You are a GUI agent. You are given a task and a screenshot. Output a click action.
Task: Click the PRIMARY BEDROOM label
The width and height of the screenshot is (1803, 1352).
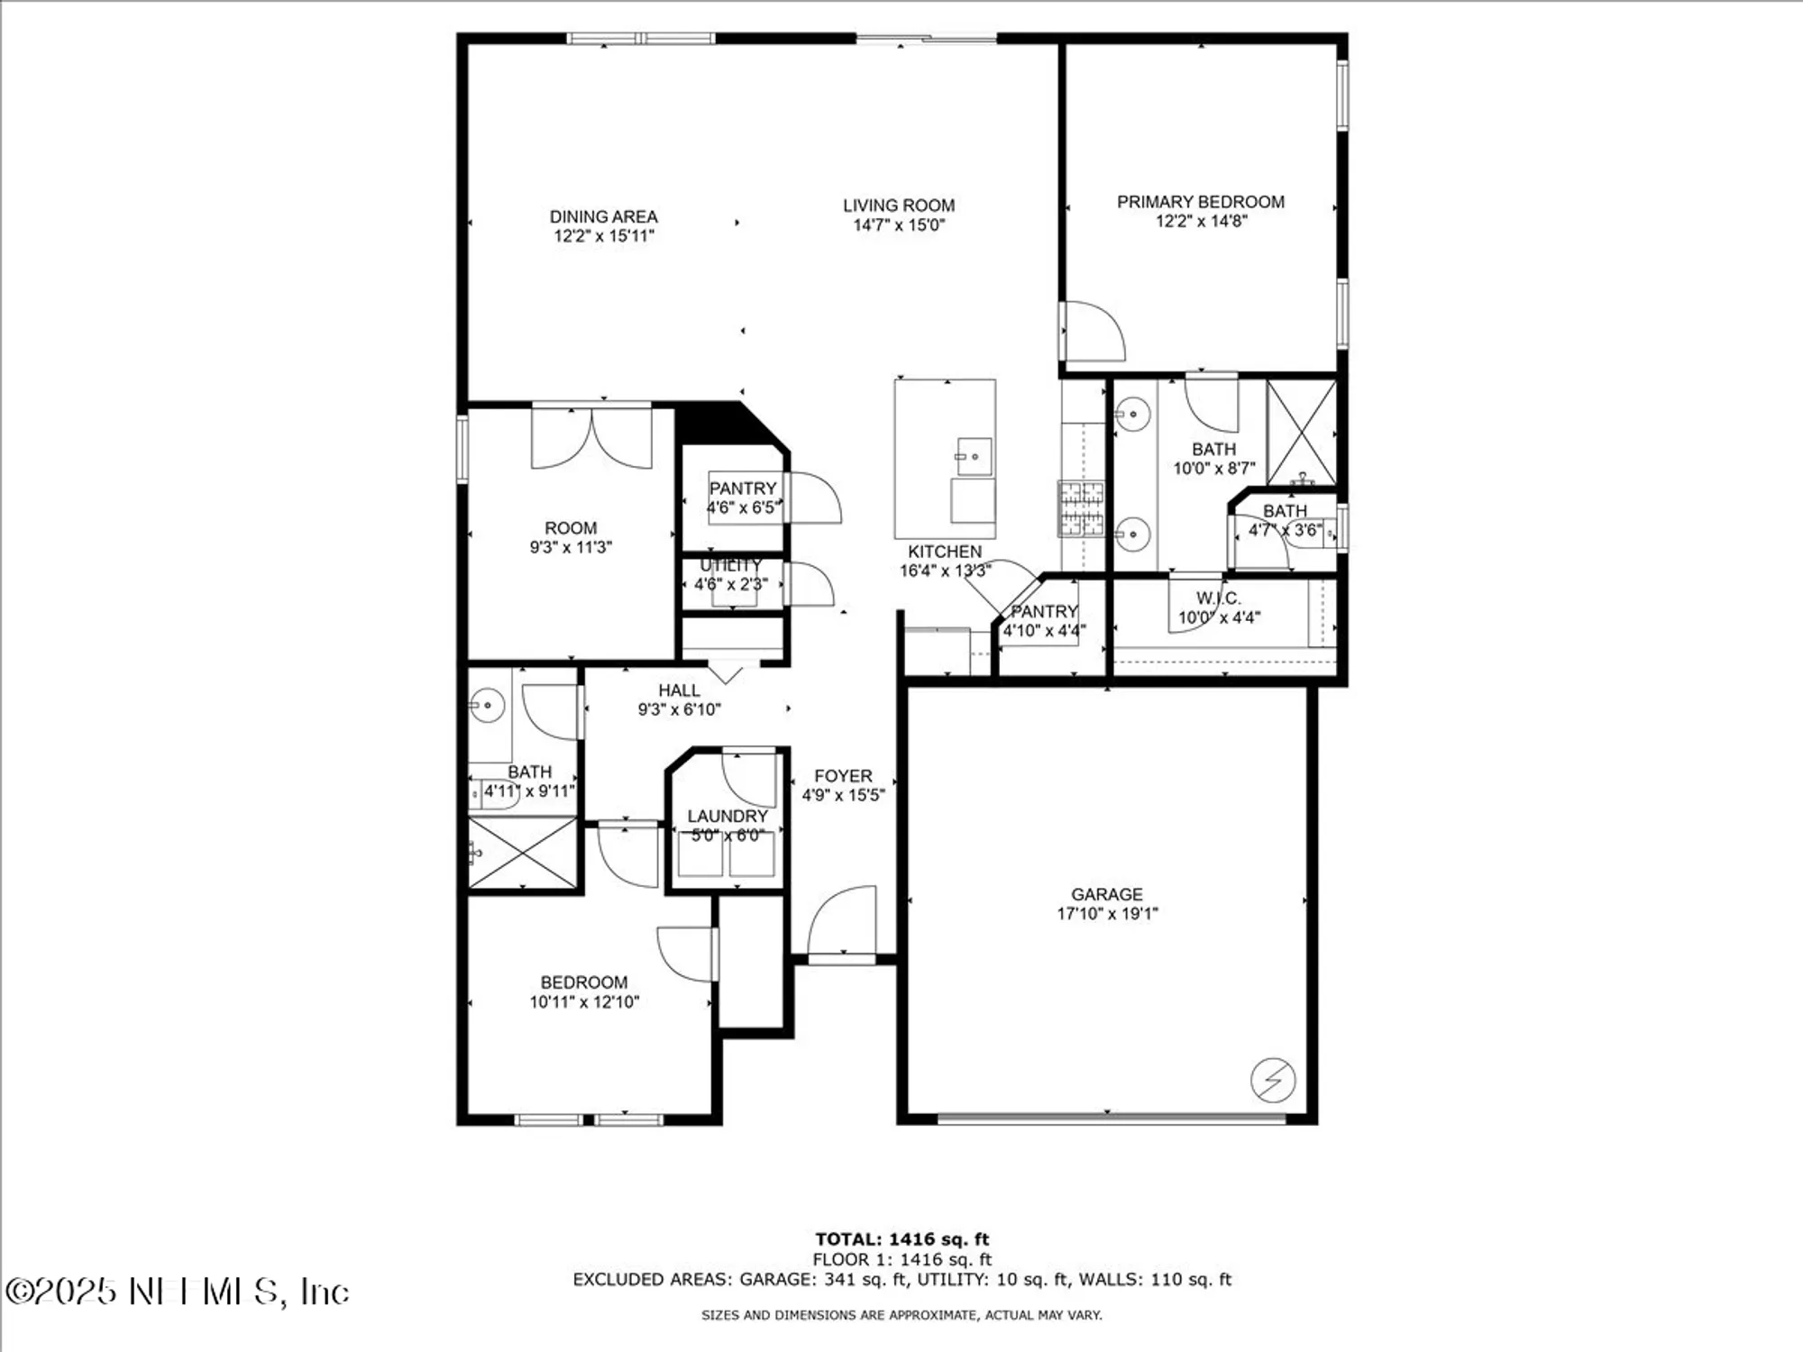pos(1200,202)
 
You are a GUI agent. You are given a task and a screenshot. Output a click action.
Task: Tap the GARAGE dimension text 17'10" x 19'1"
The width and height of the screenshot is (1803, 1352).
pos(1107,913)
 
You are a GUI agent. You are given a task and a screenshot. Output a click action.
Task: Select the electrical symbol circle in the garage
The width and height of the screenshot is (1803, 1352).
pos(1273,1079)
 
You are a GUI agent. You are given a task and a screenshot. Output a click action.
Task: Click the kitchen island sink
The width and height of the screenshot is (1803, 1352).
pos(974,456)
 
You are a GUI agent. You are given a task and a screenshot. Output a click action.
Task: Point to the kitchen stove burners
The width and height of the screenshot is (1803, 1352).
pos(1080,508)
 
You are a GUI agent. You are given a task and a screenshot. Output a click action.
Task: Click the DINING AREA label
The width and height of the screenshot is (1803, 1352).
pos(603,216)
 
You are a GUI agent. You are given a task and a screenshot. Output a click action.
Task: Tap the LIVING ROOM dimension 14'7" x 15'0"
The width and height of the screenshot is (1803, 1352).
pos(899,225)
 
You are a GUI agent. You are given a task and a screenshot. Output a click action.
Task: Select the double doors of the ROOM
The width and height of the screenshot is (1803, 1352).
pos(591,439)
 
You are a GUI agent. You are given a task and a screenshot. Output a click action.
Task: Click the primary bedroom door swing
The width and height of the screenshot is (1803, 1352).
pos(1094,332)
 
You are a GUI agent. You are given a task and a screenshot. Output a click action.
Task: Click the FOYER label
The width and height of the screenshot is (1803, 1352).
pos(843,776)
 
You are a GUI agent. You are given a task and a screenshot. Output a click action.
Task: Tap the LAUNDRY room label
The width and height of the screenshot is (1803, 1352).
pos(728,816)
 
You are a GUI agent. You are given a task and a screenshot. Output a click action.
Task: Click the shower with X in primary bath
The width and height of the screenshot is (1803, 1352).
pos(1301,433)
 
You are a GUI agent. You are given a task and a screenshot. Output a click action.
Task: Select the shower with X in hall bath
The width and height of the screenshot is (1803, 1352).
pos(522,853)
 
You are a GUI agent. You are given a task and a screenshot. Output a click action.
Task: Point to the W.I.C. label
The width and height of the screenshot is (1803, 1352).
pos(1219,598)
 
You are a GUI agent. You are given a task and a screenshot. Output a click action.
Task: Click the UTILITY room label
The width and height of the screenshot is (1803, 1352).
pos(731,565)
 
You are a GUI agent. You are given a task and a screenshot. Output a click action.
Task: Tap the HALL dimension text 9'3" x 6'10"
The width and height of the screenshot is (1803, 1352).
pos(679,709)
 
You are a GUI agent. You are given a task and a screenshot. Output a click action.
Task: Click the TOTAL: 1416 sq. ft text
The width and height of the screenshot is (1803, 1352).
pos(901,1239)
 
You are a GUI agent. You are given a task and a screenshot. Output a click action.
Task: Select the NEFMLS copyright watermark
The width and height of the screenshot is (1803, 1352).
pos(178,1292)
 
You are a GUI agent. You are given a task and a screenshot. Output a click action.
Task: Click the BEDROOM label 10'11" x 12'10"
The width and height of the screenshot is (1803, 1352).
pos(584,982)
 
